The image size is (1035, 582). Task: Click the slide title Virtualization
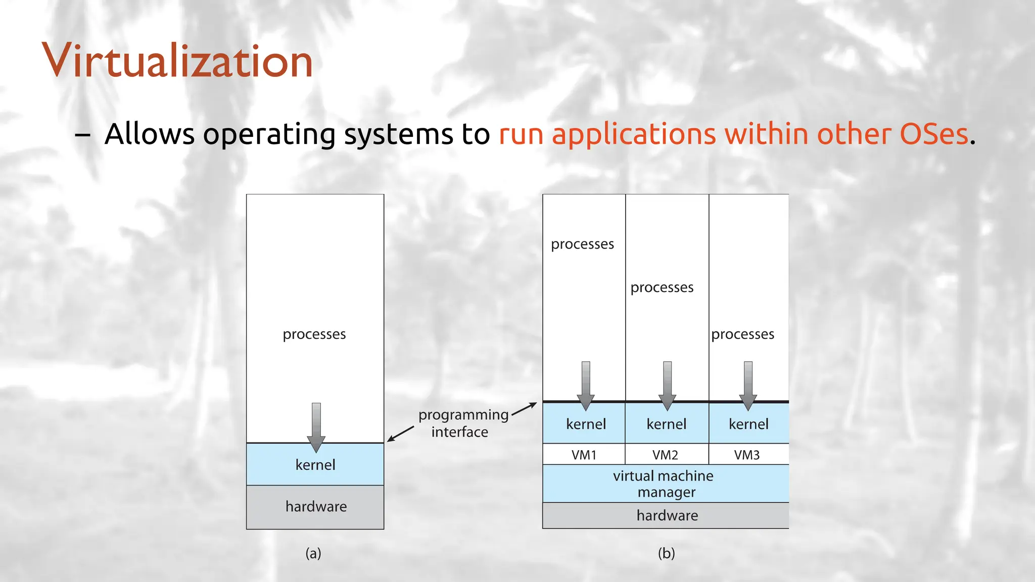pos(177,61)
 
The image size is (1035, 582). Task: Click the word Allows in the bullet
pos(149,134)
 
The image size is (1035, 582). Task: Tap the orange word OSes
pos(933,134)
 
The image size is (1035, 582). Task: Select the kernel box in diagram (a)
pos(315,465)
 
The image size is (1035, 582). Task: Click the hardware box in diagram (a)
pos(315,507)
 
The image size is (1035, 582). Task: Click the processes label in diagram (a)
pos(314,334)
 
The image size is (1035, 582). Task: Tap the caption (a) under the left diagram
pos(313,553)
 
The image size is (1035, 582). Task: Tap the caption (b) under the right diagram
pos(666,553)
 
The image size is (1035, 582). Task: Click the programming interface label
pos(463,423)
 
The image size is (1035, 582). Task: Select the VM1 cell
pos(584,455)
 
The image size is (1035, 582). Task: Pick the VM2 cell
pos(665,455)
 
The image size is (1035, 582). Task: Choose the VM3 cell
pos(747,455)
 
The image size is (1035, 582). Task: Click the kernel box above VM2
pos(666,424)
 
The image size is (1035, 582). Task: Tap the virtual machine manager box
pos(664,483)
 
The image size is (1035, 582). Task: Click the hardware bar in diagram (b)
pos(667,515)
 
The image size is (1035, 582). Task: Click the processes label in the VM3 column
pos(742,334)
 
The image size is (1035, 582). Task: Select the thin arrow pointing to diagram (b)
pos(525,409)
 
